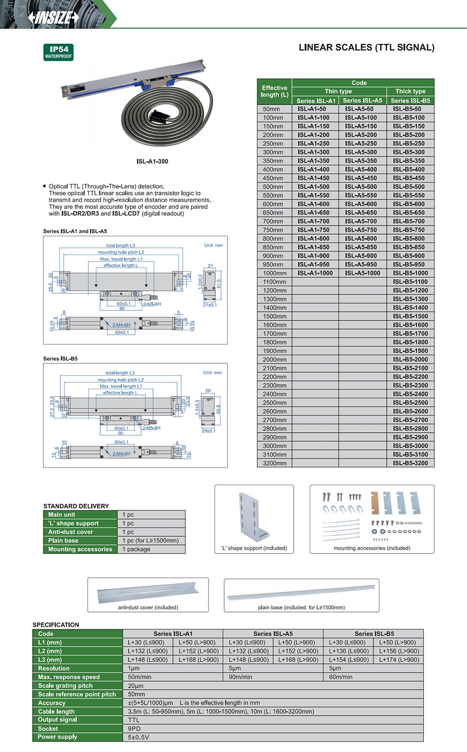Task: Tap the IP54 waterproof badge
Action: (x=58, y=52)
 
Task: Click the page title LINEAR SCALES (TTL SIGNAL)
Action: (x=366, y=48)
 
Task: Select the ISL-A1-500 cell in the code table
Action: (x=313, y=187)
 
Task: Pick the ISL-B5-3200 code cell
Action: (x=410, y=463)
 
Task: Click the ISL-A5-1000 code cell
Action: (x=362, y=273)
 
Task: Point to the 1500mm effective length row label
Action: (x=274, y=316)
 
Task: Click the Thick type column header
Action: (x=410, y=91)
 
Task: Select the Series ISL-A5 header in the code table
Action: (x=362, y=101)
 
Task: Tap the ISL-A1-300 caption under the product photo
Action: (x=153, y=162)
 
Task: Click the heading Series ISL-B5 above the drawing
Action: (x=60, y=359)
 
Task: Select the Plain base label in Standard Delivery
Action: (x=63, y=541)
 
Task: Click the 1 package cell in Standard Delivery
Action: (x=136, y=549)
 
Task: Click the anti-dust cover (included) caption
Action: (x=148, y=607)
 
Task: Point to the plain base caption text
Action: (x=301, y=607)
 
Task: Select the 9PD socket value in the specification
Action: (x=134, y=729)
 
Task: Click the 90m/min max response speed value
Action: (x=240, y=677)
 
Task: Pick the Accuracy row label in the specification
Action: (x=52, y=703)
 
